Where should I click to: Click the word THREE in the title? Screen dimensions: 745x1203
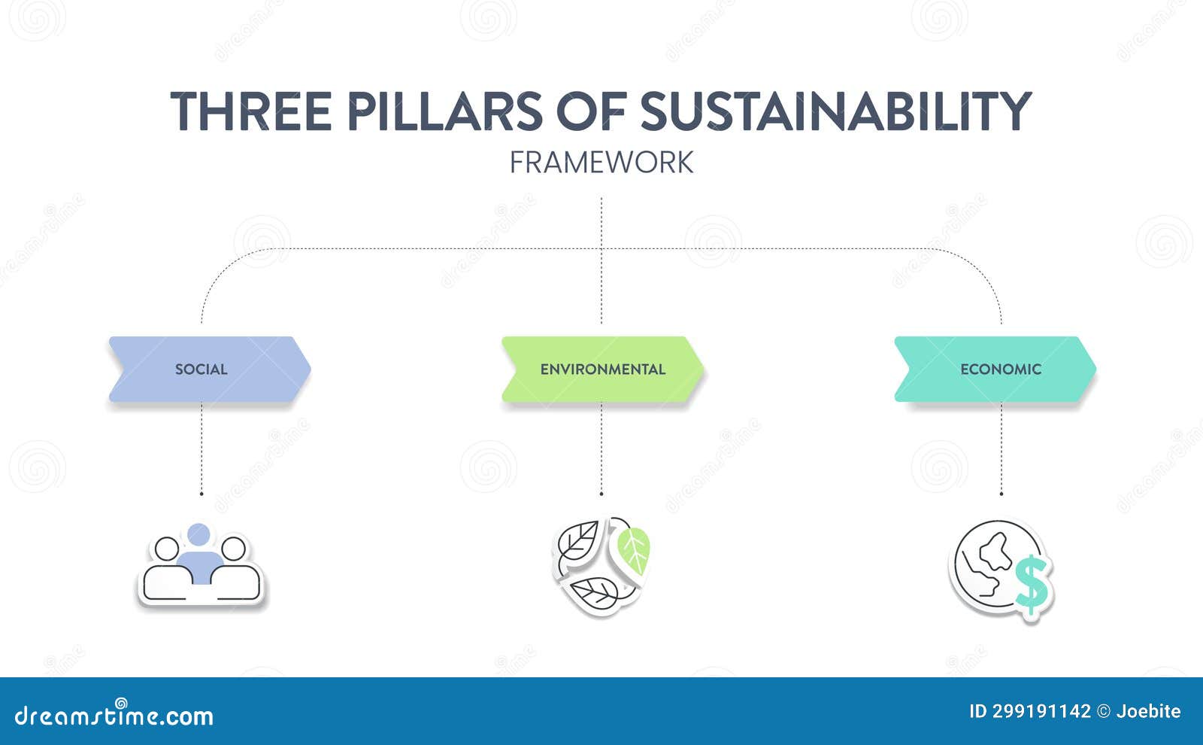click(x=251, y=111)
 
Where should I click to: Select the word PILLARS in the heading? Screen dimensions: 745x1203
click(x=444, y=111)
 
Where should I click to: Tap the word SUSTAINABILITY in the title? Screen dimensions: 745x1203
click(x=835, y=111)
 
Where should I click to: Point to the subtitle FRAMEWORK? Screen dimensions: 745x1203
click(x=601, y=163)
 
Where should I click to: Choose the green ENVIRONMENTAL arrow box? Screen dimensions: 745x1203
click(x=602, y=369)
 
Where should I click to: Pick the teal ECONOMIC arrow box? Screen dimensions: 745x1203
click(x=995, y=369)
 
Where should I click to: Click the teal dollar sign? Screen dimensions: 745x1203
click(x=1031, y=582)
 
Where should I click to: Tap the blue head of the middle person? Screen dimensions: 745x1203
click(x=199, y=534)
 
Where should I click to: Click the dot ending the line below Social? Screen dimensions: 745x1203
click(x=202, y=494)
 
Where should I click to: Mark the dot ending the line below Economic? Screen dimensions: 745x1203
click(x=1001, y=494)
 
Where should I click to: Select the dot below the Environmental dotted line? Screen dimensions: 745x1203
click(x=601, y=494)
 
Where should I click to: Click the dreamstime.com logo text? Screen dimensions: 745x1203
click(x=114, y=716)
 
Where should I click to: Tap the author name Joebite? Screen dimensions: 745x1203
click(x=1148, y=711)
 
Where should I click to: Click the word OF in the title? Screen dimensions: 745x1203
click(x=591, y=111)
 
